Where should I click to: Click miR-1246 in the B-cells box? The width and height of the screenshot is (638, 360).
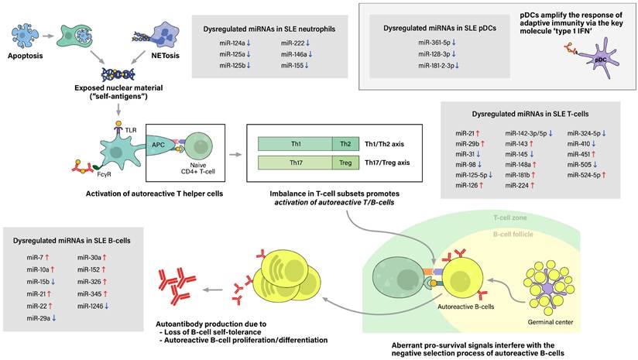click(91, 305)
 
